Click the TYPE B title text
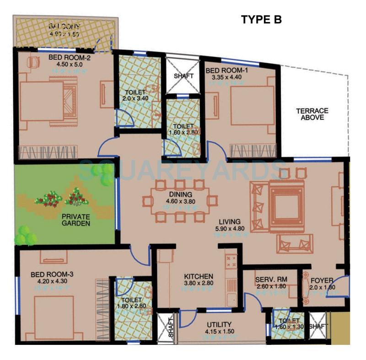click(x=261, y=19)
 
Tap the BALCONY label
click(x=65, y=27)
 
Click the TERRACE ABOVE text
click(x=312, y=114)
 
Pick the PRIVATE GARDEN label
click(x=76, y=220)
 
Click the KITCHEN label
click(x=199, y=276)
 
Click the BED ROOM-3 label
click(x=49, y=274)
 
